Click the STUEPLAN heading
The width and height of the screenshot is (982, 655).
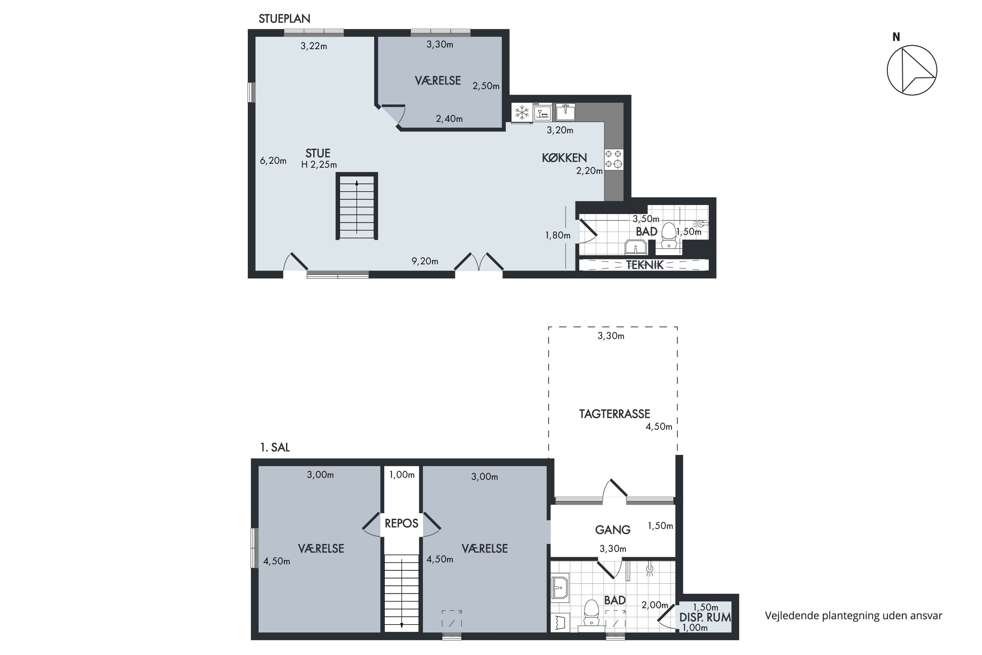point(284,19)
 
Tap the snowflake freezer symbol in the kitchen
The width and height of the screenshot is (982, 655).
point(521,112)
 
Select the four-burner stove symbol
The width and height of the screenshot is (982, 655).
point(614,159)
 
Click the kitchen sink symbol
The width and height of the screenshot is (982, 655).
point(565,112)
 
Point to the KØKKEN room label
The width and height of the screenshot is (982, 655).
point(564,158)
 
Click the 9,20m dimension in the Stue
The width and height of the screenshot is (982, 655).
point(425,261)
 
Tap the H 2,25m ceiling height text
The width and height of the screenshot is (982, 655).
point(319,165)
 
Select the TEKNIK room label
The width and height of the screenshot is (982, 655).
point(645,265)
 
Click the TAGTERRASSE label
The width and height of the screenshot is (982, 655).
point(614,414)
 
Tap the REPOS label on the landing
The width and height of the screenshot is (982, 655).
point(401,523)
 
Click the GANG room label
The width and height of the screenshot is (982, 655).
point(612,530)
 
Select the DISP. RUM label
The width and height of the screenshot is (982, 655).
point(705,617)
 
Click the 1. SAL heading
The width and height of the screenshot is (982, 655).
point(275,447)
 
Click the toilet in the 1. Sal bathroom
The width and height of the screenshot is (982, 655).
point(591,613)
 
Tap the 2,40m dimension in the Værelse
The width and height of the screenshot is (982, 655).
point(449,119)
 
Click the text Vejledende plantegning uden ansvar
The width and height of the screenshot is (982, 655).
point(853,615)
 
